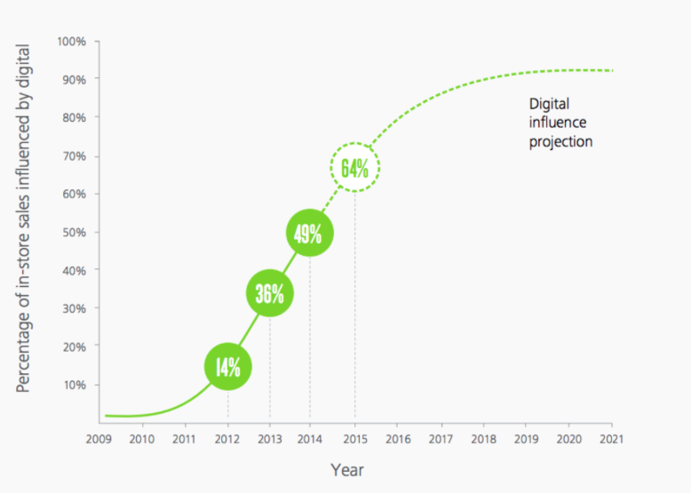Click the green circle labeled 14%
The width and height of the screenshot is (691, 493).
[228, 366]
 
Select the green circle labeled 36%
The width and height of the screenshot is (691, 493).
[269, 294]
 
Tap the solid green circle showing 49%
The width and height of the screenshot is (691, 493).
[310, 233]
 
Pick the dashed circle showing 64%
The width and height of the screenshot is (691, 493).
[355, 167]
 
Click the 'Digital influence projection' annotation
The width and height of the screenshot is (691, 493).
[560, 123]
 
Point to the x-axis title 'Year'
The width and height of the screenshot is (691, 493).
[346, 469]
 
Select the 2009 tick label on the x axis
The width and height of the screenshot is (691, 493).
[99, 438]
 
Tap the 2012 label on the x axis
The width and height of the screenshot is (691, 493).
[227, 438]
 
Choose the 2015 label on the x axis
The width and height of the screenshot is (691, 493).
[355, 438]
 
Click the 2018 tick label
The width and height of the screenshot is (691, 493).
[483, 438]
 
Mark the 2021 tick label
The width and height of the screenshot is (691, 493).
[611, 438]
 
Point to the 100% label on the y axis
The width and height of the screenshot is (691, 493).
[72, 41]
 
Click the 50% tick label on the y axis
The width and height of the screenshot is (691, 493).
[74, 233]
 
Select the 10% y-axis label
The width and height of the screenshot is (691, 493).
[74, 385]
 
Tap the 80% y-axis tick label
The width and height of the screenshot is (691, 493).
[74, 117]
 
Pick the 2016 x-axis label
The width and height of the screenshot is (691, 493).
[398, 438]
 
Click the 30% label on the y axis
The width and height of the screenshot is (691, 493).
[74, 308]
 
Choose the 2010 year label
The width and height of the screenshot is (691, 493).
[142, 438]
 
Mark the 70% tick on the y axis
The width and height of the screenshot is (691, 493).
[74, 156]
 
